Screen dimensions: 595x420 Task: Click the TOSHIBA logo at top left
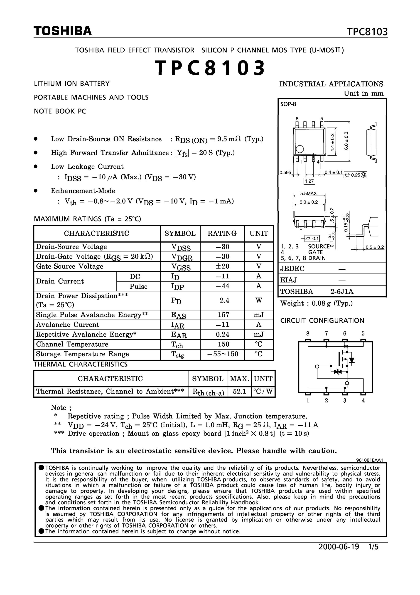(x=63, y=31)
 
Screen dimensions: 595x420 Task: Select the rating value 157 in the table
(x=223, y=315)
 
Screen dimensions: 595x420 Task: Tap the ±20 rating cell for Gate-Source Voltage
(x=222, y=266)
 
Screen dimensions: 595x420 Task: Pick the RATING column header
(x=222, y=233)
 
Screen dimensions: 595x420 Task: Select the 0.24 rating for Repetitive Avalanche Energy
(x=222, y=334)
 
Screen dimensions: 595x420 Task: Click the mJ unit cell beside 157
(x=258, y=315)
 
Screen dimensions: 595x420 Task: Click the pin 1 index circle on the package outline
(x=300, y=149)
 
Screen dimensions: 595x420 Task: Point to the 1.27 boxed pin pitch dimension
(x=309, y=181)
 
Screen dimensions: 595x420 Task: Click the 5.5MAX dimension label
(x=308, y=193)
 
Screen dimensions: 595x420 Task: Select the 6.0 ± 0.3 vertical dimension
(x=346, y=140)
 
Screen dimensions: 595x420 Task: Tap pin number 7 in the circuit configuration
(x=326, y=334)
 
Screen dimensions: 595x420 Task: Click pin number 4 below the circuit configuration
(x=363, y=400)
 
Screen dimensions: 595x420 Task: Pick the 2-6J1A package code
(x=342, y=292)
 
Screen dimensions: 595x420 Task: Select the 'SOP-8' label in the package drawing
(x=288, y=104)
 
